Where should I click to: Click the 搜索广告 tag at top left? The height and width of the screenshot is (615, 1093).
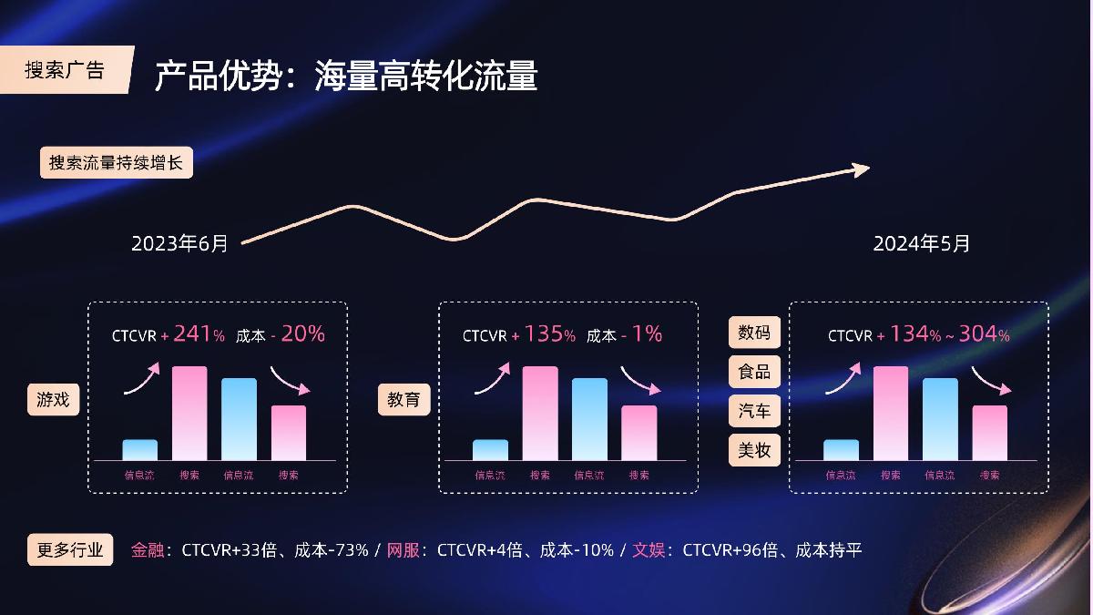point(65,70)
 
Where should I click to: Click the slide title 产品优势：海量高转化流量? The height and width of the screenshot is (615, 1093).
point(345,77)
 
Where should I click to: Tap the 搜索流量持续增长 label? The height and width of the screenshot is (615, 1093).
point(116,164)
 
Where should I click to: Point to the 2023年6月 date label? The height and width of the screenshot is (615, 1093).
point(179,243)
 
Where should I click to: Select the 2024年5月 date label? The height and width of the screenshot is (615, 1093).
point(922,243)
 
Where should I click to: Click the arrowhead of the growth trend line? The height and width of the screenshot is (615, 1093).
point(860,168)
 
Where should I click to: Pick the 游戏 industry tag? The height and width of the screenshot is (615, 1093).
point(53,399)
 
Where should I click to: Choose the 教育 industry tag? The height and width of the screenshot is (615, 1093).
point(403,399)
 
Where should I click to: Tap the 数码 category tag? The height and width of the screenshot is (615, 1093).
point(754,333)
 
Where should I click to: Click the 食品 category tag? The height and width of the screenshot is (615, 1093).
point(754,372)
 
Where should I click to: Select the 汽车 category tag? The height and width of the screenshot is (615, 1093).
point(754,411)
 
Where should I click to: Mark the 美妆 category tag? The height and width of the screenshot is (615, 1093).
point(754,450)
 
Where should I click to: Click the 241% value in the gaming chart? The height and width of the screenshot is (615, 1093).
point(198,334)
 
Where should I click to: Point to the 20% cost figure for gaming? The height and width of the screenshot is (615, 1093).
point(302,334)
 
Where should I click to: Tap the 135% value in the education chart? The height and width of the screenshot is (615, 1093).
point(548,334)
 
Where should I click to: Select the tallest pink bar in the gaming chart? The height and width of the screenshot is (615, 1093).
point(189,413)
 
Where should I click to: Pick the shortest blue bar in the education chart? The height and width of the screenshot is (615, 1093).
point(490,450)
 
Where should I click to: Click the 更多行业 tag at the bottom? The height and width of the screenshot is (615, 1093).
point(70,550)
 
